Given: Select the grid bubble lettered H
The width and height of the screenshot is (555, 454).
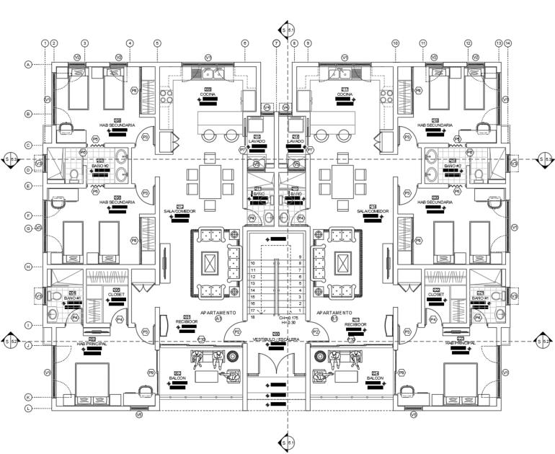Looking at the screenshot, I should pyautogui.click(x=28, y=267).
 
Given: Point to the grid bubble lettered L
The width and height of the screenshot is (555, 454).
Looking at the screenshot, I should pyautogui.click(x=28, y=409).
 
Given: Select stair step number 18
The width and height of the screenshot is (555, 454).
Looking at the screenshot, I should pyautogui.click(x=253, y=317).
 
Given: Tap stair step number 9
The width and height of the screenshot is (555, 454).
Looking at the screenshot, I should pyautogui.click(x=299, y=257).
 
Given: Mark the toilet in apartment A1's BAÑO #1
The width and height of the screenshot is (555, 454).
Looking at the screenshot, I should pyautogui.click(x=57, y=296).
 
